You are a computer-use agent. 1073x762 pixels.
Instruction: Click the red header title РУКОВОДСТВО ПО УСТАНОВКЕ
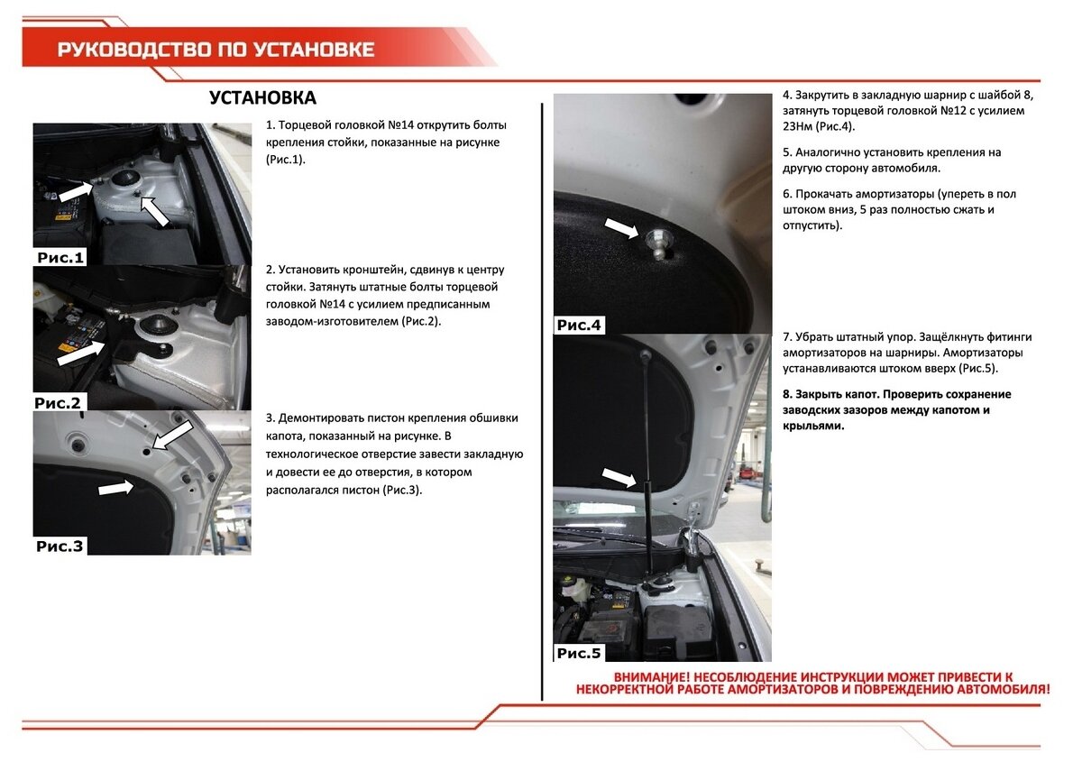click(216, 49)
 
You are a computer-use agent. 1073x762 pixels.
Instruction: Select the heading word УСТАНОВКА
click(262, 98)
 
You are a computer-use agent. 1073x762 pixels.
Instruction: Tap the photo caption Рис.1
click(60, 258)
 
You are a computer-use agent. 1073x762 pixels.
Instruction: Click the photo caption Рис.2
click(59, 402)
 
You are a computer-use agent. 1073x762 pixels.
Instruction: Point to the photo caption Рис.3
click(60, 546)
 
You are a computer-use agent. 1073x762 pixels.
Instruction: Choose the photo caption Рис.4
click(580, 326)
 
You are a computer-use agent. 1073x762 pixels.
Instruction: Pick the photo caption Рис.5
click(580, 653)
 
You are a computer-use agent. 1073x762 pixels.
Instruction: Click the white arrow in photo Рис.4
click(621, 227)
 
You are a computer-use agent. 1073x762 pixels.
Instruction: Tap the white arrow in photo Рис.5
click(619, 477)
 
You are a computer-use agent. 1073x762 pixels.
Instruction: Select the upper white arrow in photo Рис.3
click(173, 435)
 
